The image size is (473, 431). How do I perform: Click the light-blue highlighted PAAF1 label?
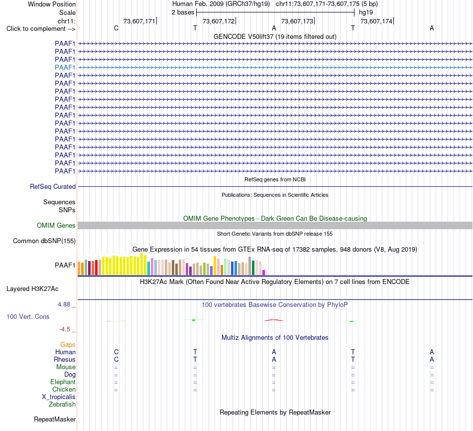[65, 67]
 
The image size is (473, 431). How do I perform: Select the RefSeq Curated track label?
[53, 186]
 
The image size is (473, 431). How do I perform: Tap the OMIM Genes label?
[56, 225]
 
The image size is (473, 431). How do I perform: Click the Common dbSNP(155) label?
[44, 241]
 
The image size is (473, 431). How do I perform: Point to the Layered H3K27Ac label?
[32, 289]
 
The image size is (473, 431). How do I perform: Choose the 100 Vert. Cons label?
[28, 316]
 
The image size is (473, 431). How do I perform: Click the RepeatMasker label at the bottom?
[55, 419]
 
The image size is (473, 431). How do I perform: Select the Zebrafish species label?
[62, 405]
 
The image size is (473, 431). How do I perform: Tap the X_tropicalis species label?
[59, 397]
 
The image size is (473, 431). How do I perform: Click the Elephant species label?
[63, 382]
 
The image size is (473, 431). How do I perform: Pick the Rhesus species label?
[65, 359]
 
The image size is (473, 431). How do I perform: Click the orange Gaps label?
[68, 344]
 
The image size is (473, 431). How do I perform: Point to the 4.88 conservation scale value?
[64, 304]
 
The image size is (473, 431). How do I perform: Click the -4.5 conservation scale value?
[65, 329]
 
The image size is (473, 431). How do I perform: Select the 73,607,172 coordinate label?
[219, 21]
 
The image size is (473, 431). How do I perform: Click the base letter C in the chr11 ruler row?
[116, 28]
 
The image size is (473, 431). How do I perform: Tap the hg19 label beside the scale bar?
[366, 12]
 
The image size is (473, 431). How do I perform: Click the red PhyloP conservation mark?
[274, 320]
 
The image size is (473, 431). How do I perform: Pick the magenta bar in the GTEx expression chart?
[264, 273]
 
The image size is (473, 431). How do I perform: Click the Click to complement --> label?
[41, 29]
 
